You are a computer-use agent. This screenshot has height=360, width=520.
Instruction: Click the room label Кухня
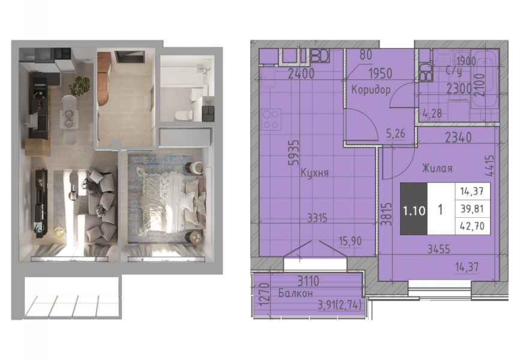(x=314, y=173)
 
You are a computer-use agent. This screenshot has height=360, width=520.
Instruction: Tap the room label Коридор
(x=371, y=89)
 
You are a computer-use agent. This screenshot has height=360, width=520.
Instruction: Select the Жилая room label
(x=437, y=169)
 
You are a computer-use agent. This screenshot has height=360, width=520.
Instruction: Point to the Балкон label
(x=296, y=293)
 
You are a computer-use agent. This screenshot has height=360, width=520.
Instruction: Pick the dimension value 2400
(x=301, y=74)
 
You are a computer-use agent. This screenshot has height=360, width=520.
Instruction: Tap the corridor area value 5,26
(x=396, y=133)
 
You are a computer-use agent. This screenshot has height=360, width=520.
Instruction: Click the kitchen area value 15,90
(x=350, y=241)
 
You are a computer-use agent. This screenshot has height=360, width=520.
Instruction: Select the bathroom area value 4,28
(x=432, y=113)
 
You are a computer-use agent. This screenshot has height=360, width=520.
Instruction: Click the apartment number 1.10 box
(x=414, y=209)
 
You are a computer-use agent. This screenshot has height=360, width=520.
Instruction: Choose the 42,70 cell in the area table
(x=472, y=226)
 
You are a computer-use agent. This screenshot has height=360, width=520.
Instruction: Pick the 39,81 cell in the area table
(x=472, y=209)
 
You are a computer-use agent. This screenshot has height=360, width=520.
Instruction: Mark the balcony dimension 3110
(x=308, y=281)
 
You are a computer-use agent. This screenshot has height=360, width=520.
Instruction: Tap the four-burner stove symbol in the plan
(x=271, y=119)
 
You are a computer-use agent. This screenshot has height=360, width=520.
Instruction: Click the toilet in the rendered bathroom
(x=184, y=115)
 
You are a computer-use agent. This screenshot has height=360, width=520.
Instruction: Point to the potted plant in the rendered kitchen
(x=80, y=86)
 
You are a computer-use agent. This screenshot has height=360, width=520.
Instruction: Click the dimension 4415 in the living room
(x=491, y=166)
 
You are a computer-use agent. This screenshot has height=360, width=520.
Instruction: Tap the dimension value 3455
(x=438, y=249)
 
